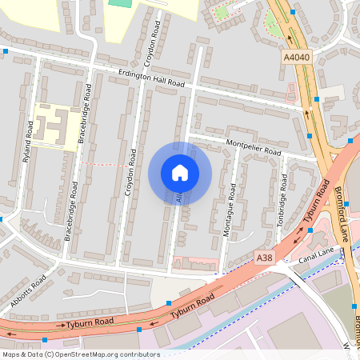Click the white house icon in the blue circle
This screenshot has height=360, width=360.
pyautogui.click(x=180, y=172)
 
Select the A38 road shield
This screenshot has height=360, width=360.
pyautogui.click(x=264, y=258)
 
